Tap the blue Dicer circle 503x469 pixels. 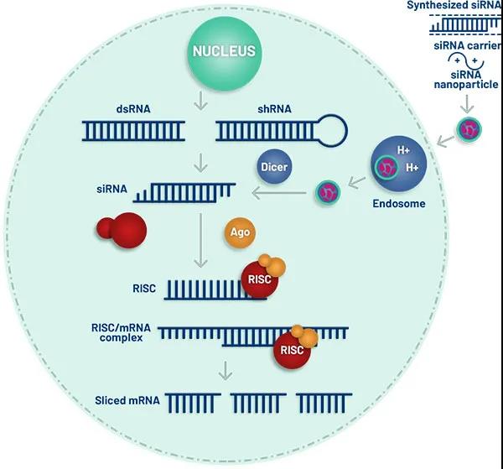tap(274, 167)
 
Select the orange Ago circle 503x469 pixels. tap(240, 232)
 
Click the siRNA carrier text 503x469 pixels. tap(466, 47)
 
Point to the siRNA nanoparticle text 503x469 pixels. tap(466, 79)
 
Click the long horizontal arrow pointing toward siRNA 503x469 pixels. tap(276, 195)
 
